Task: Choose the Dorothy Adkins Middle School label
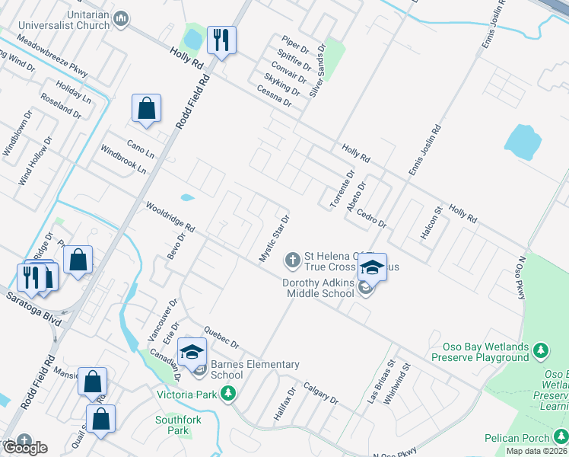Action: click(x=319, y=287)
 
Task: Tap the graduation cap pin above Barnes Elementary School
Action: click(x=192, y=352)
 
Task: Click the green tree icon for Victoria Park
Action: click(x=227, y=394)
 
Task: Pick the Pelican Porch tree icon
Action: click(x=560, y=437)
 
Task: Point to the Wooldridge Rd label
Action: click(x=170, y=218)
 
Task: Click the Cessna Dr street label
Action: click(x=275, y=96)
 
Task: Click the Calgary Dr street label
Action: click(x=320, y=392)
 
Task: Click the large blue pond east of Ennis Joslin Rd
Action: click(x=523, y=142)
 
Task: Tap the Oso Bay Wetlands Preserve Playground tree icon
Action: click(x=541, y=350)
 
